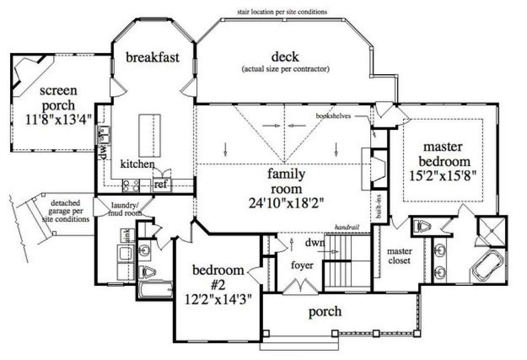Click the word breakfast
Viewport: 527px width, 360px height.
pos(152,58)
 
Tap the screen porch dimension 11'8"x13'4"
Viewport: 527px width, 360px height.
pos(58,120)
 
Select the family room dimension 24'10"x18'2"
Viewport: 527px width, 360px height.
pos(286,203)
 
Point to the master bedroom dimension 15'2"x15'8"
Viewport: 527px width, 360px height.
pos(443,176)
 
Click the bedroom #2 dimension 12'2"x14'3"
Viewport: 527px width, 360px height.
pos(218,299)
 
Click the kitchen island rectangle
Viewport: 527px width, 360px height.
pos(150,136)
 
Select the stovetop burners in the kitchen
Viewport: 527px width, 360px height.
pos(131,186)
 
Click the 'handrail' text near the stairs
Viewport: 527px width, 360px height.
pos(347,227)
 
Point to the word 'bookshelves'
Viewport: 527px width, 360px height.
pos(333,116)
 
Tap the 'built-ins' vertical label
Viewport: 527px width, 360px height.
pos(379,207)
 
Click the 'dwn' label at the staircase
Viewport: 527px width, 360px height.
pos(315,242)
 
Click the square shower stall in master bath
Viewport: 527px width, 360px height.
pos(492,231)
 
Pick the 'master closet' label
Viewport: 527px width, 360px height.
pos(400,256)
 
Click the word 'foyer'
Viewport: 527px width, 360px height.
pos(302,266)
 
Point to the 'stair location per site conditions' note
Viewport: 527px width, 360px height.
pos(282,12)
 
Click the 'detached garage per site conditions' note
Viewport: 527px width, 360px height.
pos(66,211)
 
